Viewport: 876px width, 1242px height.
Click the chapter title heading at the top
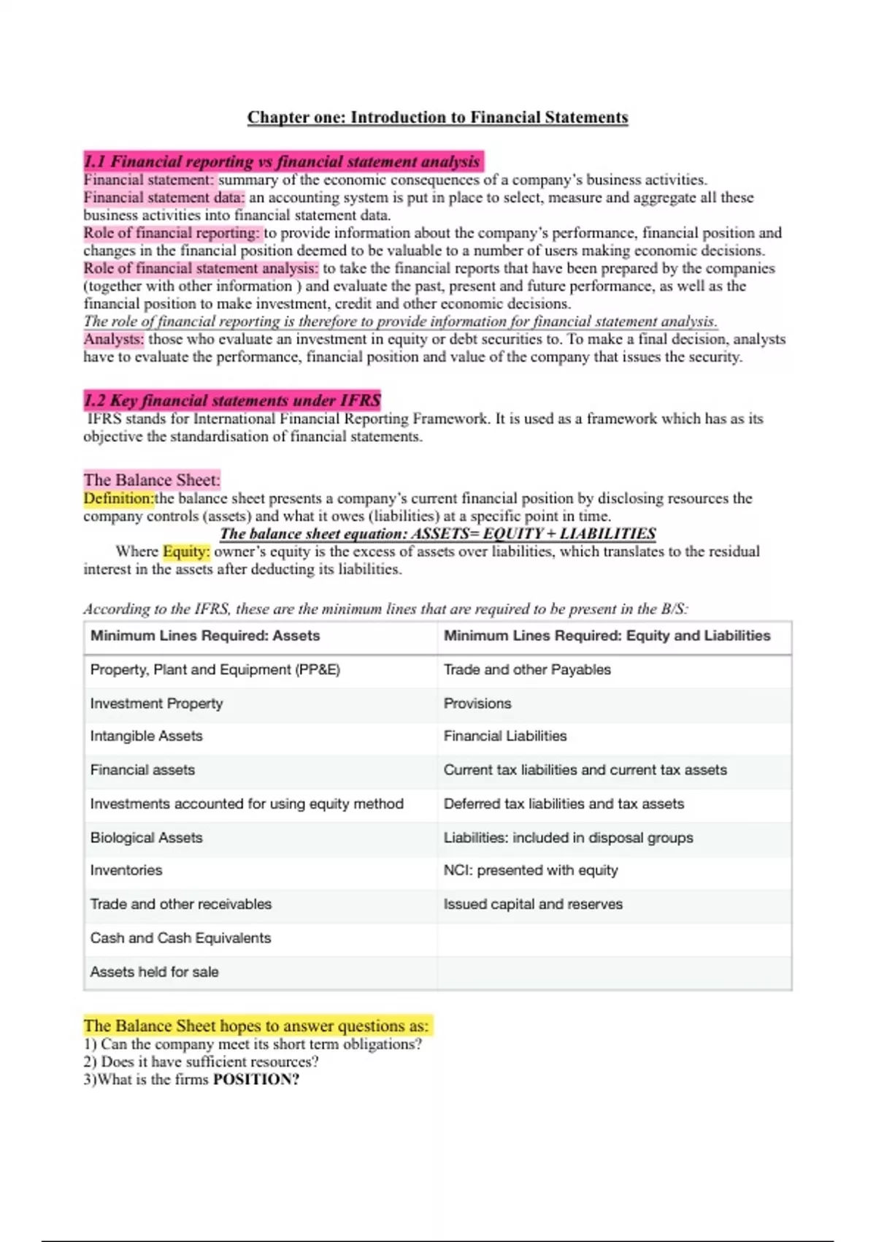437,118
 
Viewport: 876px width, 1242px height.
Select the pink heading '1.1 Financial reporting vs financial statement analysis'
283,161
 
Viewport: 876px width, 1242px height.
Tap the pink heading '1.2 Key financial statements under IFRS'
232,400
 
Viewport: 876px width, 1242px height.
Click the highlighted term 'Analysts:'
114,339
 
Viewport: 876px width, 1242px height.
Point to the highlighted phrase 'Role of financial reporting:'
172,233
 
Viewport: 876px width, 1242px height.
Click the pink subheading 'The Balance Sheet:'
151,480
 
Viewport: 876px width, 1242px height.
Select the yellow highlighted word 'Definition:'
119,498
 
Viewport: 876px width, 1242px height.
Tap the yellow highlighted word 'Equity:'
186,552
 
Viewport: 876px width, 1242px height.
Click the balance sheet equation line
437,534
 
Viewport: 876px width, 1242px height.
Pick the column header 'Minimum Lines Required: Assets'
205,636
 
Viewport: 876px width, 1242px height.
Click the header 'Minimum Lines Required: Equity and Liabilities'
607,636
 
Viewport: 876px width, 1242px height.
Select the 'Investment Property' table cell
156,704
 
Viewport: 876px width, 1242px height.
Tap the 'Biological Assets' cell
146,837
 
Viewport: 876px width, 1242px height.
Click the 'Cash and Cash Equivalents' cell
180,938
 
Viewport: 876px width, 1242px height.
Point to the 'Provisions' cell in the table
477,704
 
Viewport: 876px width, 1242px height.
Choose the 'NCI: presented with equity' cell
531,870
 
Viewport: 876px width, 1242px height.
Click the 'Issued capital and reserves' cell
533,904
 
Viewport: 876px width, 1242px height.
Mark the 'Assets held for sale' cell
154,972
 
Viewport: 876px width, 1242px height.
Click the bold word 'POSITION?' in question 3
255,1080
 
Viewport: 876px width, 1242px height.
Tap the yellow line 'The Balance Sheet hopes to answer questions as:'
256,1026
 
